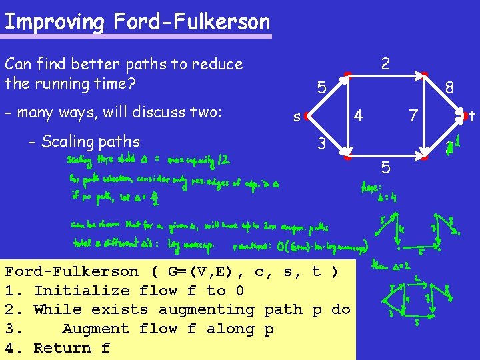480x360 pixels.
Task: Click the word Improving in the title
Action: (x=54, y=21)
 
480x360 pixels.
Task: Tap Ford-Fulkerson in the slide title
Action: (x=192, y=21)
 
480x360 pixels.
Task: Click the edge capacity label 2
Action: (x=385, y=63)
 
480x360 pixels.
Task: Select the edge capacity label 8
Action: (x=450, y=88)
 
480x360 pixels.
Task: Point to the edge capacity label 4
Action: (x=358, y=115)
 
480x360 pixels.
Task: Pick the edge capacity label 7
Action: (x=413, y=116)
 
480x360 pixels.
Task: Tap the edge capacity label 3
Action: (x=321, y=143)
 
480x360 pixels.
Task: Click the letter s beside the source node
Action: (x=296, y=117)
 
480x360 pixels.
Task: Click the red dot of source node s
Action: (x=305, y=116)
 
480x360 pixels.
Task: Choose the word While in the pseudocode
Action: (x=53, y=309)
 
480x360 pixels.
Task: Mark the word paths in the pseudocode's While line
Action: (x=283, y=309)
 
